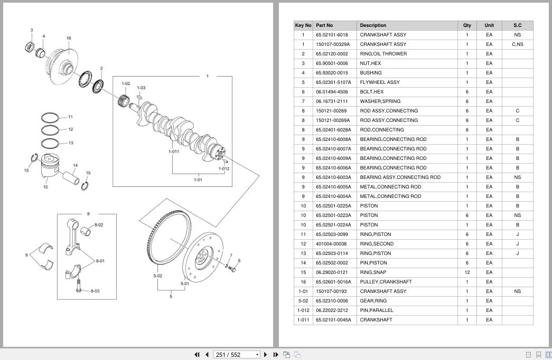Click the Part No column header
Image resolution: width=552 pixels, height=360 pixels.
[x=324, y=25]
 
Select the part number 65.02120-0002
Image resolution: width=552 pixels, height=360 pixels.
[x=332, y=54]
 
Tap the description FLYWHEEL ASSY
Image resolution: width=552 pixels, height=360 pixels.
[x=379, y=82]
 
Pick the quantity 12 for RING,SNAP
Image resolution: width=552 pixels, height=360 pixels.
[x=467, y=272]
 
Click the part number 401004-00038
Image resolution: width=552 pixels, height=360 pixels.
[x=331, y=244]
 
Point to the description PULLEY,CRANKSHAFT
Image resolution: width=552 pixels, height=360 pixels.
[x=386, y=282]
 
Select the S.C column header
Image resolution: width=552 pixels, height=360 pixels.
[x=517, y=25]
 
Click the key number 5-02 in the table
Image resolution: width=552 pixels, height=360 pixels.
[x=303, y=301]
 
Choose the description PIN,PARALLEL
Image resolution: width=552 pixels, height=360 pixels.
[x=376, y=310]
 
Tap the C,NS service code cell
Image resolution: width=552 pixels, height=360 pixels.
[x=517, y=44]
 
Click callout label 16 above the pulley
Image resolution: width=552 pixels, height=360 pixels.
[x=69, y=38]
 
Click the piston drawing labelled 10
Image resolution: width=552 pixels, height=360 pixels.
[x=49, y=167]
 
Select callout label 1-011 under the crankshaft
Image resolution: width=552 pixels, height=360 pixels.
[x=174, y=151]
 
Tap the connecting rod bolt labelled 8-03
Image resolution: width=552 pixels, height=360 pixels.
[x=79, y=286]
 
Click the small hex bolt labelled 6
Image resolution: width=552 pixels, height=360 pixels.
[x=232, y=269]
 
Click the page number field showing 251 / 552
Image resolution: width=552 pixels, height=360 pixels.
[x=237, y=355]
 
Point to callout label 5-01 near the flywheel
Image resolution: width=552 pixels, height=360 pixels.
[x=185, y=283]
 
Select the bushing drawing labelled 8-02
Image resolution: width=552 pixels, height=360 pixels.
[x=86, y=231]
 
